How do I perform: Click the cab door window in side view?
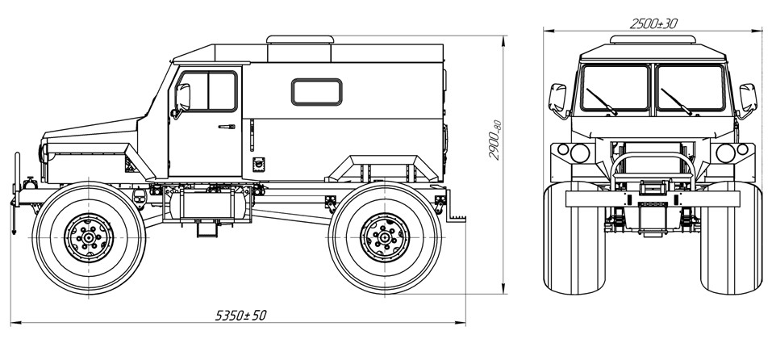[x=207, y=90]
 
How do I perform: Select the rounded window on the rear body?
[x=316, y=91]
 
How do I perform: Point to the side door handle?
[x=227, y=126]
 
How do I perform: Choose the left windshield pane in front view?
[x=616, y=88]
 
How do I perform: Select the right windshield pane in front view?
[x=691, y=88]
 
